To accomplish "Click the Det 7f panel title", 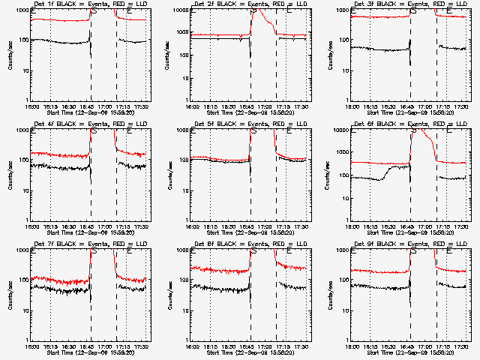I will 89,244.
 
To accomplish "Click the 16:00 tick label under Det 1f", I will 31,106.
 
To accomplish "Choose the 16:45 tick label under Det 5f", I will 250,226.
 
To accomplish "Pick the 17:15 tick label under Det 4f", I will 126,226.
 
